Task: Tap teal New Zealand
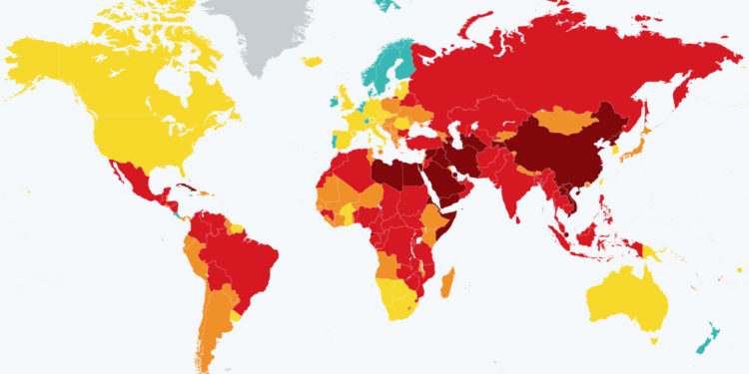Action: [x=711, y=337]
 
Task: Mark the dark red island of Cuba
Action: [x=184, y=186]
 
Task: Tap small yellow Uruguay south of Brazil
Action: [x=236, y=314]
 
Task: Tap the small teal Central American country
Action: [x=176, y=212]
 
